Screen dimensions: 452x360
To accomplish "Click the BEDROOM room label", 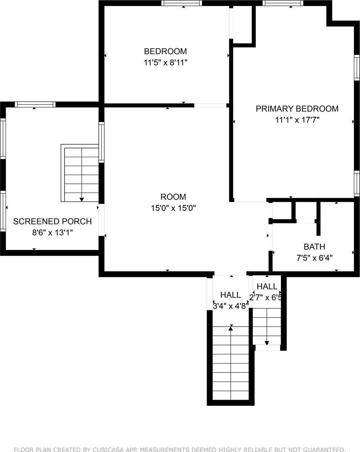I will tap(165, 51).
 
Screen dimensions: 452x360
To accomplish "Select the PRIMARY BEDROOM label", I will tap(297, 109).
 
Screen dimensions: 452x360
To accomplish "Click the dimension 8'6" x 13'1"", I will tap(52, 233).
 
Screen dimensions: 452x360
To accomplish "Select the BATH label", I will tap(314, 247).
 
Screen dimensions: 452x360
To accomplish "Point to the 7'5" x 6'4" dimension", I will tap(314, 258).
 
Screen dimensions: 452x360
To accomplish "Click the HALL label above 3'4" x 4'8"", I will tap(231, 295).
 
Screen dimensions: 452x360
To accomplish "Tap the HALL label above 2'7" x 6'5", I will tap(267, 287).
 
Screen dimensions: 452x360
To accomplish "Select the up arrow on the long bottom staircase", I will tap(231, 328).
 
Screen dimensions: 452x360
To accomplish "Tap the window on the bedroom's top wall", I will tap(182, 3).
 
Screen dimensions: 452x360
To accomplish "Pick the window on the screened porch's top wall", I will tap(35, 104).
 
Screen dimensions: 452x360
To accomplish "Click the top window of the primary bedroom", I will tap(283, 3).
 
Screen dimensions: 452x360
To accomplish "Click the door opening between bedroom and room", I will tap(210, 105).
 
